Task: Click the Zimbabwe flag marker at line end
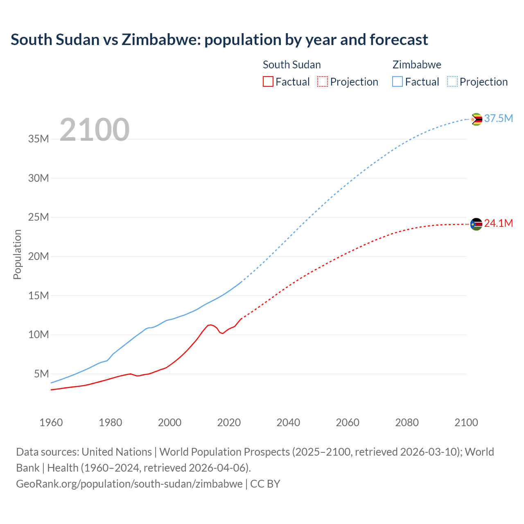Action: pos(476,119)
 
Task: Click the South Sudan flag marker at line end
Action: pos(476,224)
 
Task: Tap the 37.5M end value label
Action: pos(498,119)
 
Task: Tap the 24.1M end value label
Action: pos(498,224)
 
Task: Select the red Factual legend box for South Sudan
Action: pos(268,82)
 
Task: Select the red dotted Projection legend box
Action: pos(323,82)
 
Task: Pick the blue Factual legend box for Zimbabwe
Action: pos(398,82)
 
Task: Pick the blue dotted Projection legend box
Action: pos(452,82)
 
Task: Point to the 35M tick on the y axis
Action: pos(38,139)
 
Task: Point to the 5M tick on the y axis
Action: pos(41,374)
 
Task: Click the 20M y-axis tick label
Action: pos(38,257)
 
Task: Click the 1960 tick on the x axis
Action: pos(51,422)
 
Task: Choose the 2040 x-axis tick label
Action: pos(288,422)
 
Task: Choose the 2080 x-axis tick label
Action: pos(407,422)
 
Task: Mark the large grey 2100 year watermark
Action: pos(95,130)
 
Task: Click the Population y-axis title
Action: pos(17,255)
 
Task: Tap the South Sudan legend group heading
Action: pos(291,65)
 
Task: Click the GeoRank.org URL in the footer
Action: pos(129,484)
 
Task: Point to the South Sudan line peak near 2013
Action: pos(210,325)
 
